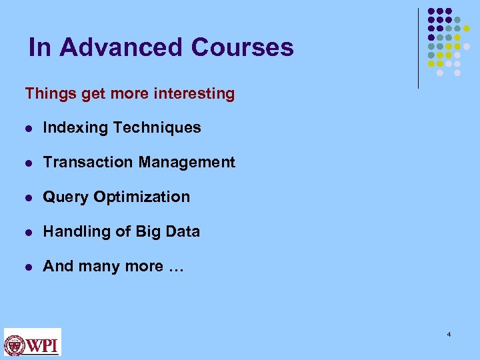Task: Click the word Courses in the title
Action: pos(242,47)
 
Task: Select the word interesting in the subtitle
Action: pos(197,93)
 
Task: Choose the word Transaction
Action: pos(81,162)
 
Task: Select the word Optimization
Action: pos(142,197)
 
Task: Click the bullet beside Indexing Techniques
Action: pos(27,128)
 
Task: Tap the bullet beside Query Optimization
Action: pos(27,197)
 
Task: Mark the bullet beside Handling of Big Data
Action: pos(27,232)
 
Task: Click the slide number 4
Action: pos(449,333)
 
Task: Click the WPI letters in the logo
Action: pos(43,345)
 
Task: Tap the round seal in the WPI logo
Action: pos(15,345)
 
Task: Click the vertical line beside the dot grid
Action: pos(419,48)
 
